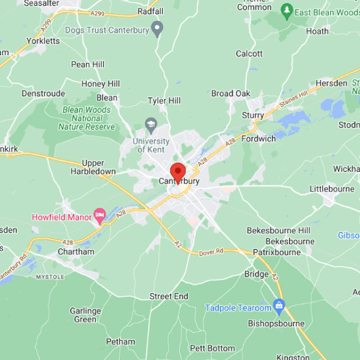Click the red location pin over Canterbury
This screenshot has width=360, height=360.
pos(178,172)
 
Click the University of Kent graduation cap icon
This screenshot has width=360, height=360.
pos(151,123)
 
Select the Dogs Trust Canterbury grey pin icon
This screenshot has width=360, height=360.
pos(158,27)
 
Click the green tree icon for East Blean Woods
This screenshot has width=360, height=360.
pos(287,11)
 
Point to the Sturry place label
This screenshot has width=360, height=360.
pos(253,115)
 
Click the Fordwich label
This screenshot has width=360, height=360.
pos(259,139)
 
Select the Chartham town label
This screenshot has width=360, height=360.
pos(76,252)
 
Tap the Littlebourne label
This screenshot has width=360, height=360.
pos(332,189)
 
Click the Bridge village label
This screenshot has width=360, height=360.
pos(256,274)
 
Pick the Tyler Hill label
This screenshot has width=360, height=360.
pos(164,100)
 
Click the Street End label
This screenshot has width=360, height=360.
pos(168,296)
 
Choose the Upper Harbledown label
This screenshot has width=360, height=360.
pos(94,167)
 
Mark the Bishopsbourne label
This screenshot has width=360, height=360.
pos(276,324)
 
